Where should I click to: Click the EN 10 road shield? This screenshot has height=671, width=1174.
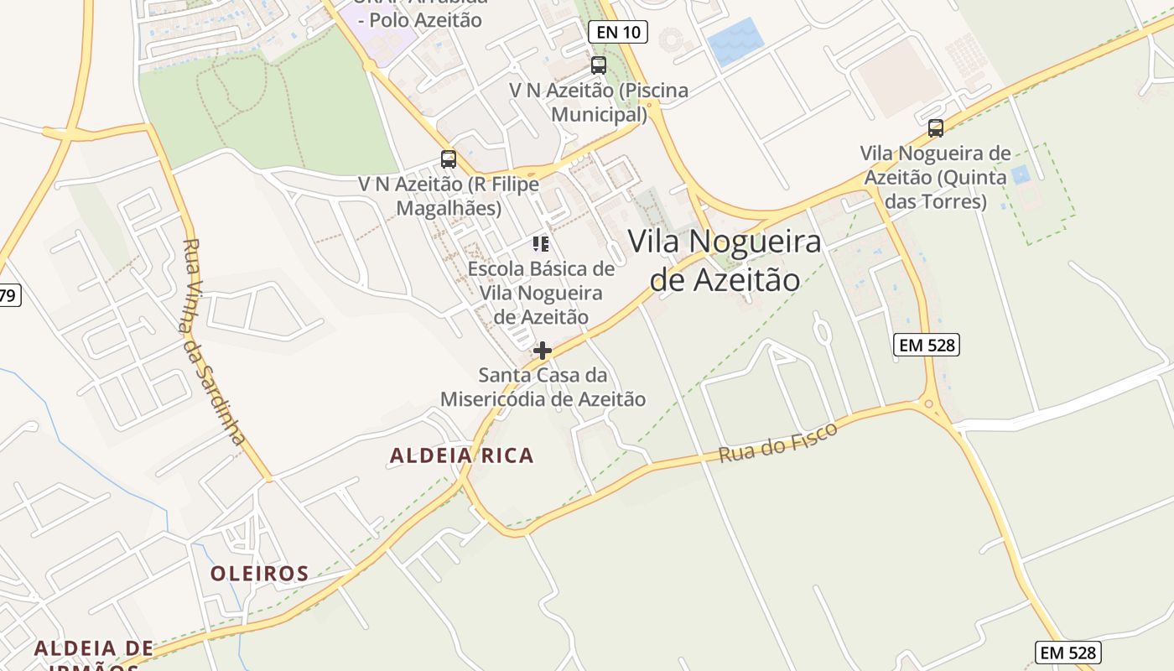click(x=618, y=33)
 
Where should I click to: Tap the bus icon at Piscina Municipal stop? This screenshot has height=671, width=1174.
click(x=599, y=65)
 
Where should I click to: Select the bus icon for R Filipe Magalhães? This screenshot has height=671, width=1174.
click(x=449, y=159)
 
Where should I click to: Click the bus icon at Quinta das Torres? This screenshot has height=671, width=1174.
click(x=936, y=128)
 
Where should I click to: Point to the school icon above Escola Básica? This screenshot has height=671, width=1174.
click(x=541, y=244)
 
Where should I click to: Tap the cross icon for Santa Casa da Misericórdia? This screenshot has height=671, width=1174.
click(x=543, y=351)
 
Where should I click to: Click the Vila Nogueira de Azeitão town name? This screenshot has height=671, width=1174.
click(x=725, y=260)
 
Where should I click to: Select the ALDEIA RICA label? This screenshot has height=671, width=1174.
click(x=461, y=455)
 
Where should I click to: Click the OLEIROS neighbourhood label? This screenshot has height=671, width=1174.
click(x=259, y=574)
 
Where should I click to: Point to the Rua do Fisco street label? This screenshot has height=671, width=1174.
click(x=778, y=442)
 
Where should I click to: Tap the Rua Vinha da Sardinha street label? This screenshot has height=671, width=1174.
click(x=213, y=341)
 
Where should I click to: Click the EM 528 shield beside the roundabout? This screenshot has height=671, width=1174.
click(x=926, y=345)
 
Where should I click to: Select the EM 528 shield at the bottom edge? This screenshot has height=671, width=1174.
click(x=1068, y=653)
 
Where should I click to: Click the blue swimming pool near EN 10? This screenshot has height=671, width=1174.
click(x=735, y=41)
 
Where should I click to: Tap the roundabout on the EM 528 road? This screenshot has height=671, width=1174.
click(x=928, y=405)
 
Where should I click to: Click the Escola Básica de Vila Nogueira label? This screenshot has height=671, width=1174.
click(x=541, y=293)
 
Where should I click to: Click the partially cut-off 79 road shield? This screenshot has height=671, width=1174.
click(x=8, y=295)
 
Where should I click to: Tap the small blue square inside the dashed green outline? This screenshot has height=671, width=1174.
click(x=1021, y=175)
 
